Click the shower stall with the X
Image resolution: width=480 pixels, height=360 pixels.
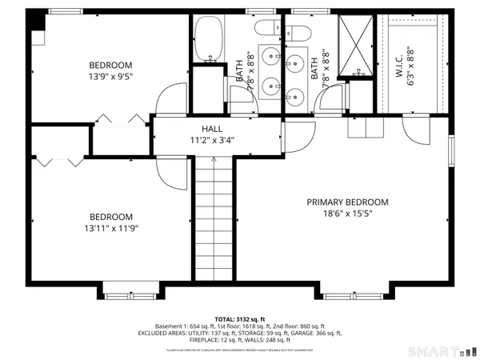pyautogui.click(x=353, y=45)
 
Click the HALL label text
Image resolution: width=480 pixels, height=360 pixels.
pyautogui.click(x=212, y=128)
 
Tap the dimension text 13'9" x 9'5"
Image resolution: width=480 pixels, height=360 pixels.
pyautogui.click(x=110, y=78)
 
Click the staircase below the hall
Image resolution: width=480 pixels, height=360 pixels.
pyautogui.click(x=212, y=216)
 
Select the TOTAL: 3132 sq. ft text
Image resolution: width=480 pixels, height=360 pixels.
pyautogui.click(x=239, y=318)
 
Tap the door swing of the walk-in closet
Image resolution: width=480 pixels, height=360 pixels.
pyautogui.click(x=414, y=133)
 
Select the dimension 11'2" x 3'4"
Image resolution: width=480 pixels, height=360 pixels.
pyautogui.click(x=212, y=140)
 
